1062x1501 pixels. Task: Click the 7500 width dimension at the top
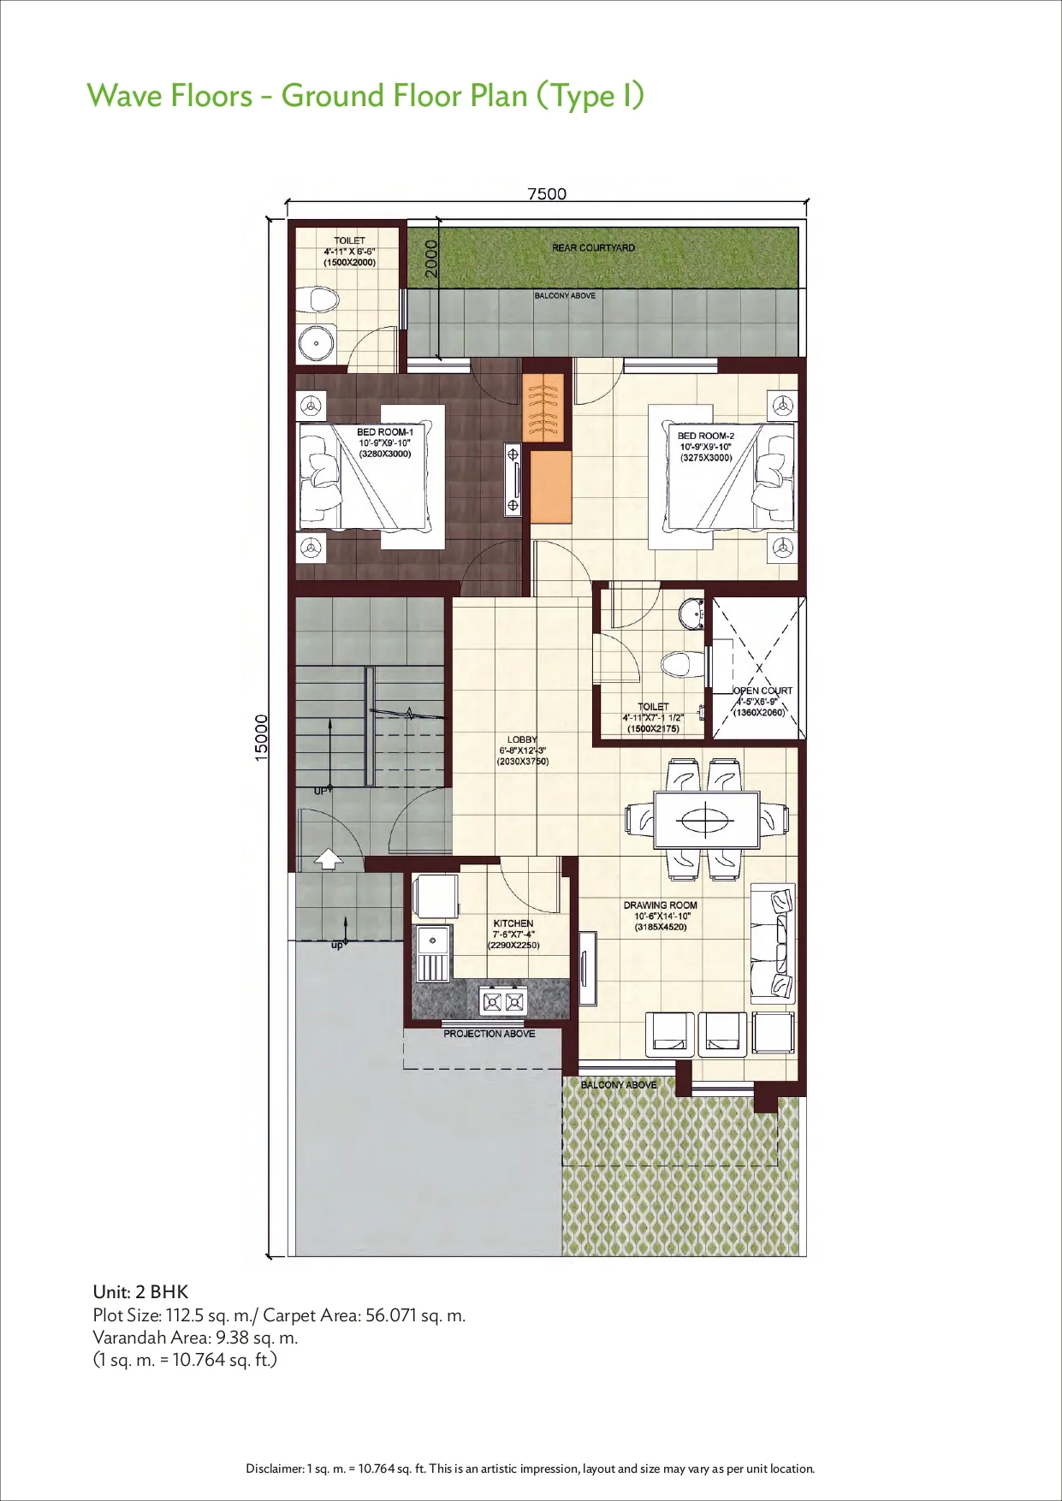(x=547, y=193)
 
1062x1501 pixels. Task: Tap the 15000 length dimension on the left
(x=262, y=737)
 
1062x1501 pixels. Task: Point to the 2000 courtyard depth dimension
(x=431, y=258)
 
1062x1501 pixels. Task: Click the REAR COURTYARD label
(x=594, y=247)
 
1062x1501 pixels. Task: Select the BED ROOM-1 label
(x=385, y=432)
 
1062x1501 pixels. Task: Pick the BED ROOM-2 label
(x=706, y=436)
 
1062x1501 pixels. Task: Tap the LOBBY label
(x=522, y=739)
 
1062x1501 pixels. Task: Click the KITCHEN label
(x=513, y=923)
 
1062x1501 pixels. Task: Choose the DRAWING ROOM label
(x=661, y=905)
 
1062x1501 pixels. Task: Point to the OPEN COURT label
(x=763, y=691)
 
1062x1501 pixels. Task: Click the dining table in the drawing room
(x=707, y=820)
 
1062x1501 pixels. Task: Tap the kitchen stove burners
(x=502, y=1000)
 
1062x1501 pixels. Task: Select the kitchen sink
(x=434, y=952)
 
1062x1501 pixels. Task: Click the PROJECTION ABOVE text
(x=489, y=1034)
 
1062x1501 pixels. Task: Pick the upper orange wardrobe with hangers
(x=543, y=407)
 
